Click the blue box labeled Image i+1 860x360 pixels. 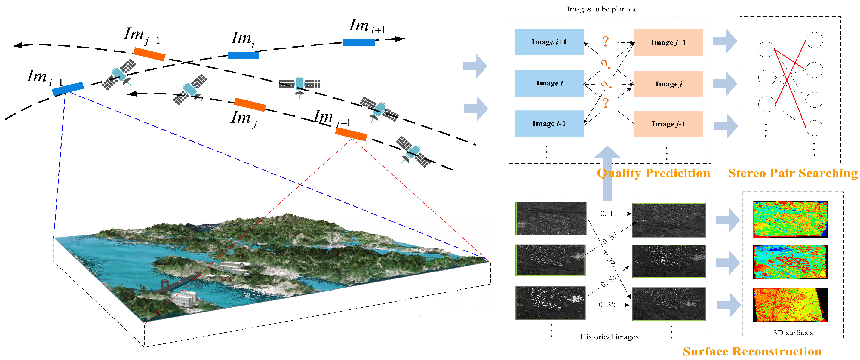(x=549, y=42)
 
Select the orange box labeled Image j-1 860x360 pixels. (x=668, y=124)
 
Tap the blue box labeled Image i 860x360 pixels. (x=549, y=83)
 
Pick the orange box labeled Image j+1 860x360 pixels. (x=668, y=42)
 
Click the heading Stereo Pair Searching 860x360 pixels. (x=793, y=173)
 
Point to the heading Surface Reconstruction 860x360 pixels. (x=752, y=351)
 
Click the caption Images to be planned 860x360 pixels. (x=602, y=9)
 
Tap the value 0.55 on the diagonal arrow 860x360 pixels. (x=611, y=237)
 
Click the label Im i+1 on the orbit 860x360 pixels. (x=366, y=26)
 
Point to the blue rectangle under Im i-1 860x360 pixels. (x=68, y=88)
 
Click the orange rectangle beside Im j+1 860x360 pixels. (x=149, y=54)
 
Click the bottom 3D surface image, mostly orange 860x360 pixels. (x=790, y=305)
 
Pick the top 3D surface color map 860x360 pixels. (x=790, y=219)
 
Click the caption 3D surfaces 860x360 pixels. (x=793, y=333)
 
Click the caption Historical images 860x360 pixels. (x=609, y=337)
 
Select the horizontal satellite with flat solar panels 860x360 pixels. (x=299, y=84)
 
